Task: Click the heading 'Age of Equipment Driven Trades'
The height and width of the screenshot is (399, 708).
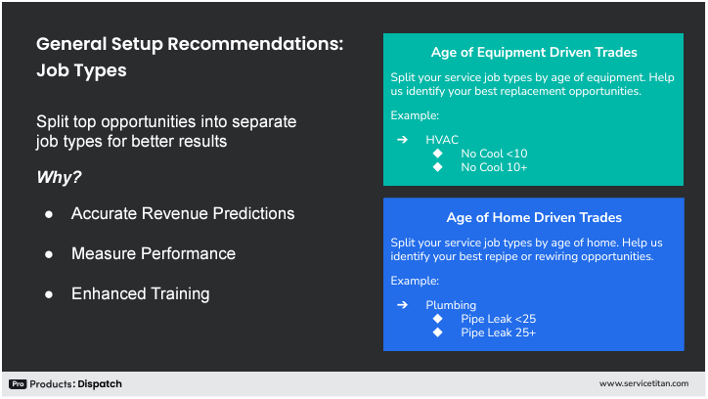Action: pyautogui.click(x=533, y=52)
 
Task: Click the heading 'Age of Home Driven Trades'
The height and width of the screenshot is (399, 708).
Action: pyautogui.click(x=533, y=218)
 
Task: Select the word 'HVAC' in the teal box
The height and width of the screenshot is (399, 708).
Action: pyautogui.click(x=442, y=140)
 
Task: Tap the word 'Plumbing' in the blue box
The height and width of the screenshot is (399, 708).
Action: pyautogui.click(x=451, y=305)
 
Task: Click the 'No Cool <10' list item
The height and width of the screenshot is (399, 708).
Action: pyautogui.click(x=494, y=154)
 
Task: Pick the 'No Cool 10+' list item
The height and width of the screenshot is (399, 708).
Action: pyautogui.click(x=494, y=167)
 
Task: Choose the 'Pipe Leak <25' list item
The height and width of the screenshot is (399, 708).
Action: pyautogui.click(x=498, y=319)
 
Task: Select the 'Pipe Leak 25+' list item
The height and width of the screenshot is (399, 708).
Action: pyautogui.click(x=498, y=332)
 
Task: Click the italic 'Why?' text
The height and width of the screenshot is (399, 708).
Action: pyautogui.click(x=59, y=178)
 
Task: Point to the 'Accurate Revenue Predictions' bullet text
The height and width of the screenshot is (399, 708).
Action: pyautogui.click(x=183, y=213)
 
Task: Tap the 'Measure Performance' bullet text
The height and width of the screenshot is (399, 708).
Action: pyautogui.click(x=154, y=253)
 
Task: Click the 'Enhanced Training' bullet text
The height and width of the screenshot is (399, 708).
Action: pyautogui.click(x=140, y=293)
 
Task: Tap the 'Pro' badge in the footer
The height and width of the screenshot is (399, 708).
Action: pyautogui.click(x=18, y=384)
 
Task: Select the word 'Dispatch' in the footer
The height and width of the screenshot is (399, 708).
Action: pyautogui.click(x=100, y=384)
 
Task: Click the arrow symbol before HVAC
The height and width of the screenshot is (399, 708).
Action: pyautogui.click(x=402, y=140)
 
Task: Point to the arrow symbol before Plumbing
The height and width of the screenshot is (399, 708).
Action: pyautogui.click(x=402, y=305)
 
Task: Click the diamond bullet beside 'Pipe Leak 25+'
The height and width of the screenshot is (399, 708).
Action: pyautogui.click(x=439, y=332)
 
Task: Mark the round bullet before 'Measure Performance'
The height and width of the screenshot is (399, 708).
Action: pyautogui.click(x=49, y=253)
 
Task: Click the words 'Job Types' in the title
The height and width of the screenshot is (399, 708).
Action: pyautogui.click(x=81, y=71)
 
